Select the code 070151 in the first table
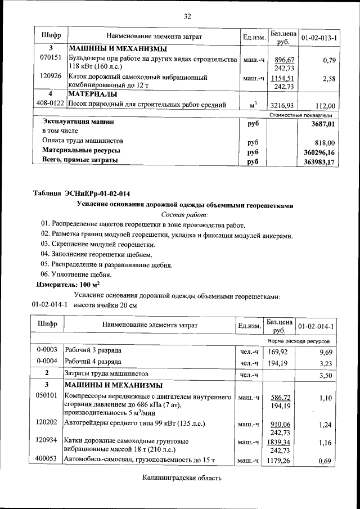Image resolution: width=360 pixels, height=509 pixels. [51, 58]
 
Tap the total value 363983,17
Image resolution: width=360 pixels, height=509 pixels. [316, 162]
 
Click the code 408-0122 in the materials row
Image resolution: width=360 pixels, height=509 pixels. [51, 105]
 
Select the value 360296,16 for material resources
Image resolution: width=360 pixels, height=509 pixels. [316, 152]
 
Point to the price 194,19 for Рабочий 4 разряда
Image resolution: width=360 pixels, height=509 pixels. [278, 363]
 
